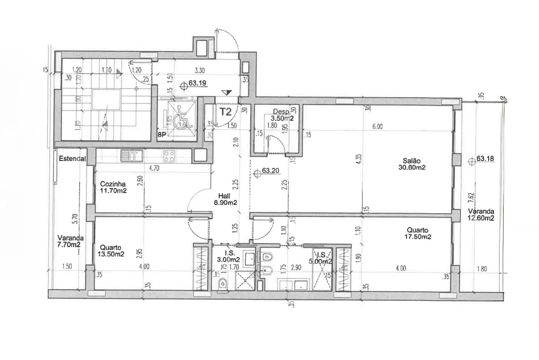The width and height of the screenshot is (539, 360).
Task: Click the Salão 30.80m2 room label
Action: (x=412, y=164)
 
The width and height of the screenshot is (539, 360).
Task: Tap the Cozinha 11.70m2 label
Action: (x=113, y=187)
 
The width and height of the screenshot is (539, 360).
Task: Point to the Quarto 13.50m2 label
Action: (x=111, y=251)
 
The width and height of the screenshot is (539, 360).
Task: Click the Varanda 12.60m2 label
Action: (x=481, y=215)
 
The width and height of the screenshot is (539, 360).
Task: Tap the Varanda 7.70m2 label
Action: (x=71, y=241)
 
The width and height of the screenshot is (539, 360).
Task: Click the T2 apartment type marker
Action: (x=225, y=112)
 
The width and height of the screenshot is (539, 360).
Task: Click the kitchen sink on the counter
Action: (x=132, y=156)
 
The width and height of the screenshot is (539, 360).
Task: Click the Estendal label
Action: (x=72, y=158)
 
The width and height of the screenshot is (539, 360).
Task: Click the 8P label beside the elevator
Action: (x=162, y=136)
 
